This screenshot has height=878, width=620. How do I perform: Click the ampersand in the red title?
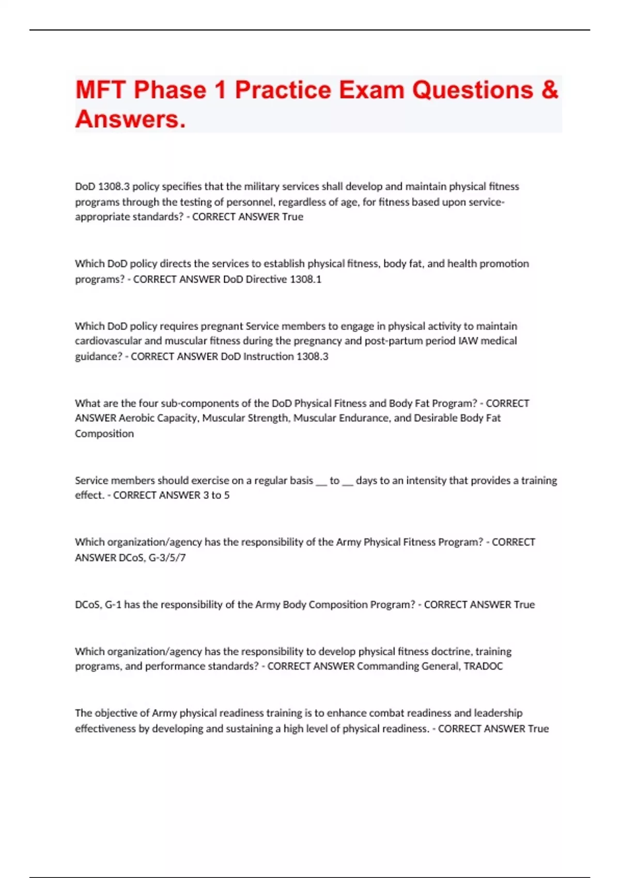click(550, 90)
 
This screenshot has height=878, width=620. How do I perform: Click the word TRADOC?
click(483, 666)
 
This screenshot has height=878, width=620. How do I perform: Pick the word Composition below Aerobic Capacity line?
click(104, 433)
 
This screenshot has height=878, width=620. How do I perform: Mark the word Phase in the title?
click(170, 90)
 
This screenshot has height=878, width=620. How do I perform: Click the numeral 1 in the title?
click(220, 90)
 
